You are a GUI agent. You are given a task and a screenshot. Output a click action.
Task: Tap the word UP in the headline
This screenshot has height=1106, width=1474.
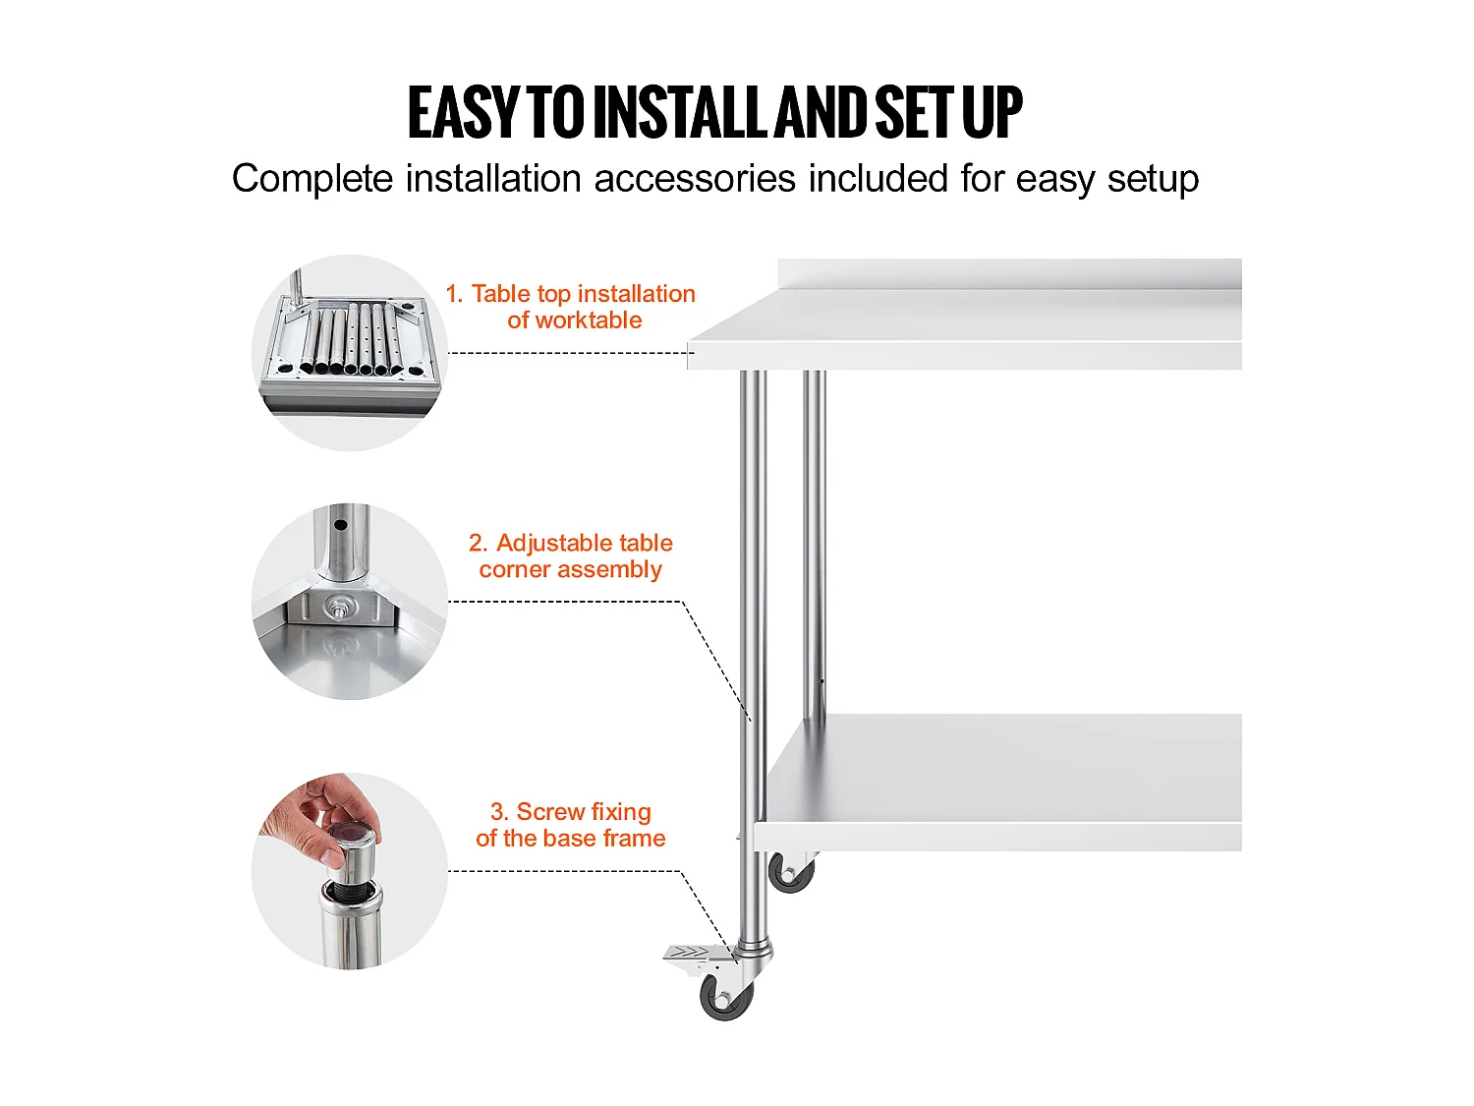click(992, 113)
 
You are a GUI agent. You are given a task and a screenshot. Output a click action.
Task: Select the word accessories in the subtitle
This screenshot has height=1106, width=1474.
click(695, 179)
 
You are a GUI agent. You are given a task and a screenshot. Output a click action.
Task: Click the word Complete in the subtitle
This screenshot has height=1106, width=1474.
click(312, 180)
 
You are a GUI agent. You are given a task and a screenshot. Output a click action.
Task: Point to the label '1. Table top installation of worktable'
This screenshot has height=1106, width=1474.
click(571, 307)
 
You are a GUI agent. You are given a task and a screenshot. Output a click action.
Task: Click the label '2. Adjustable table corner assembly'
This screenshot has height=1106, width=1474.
click(571, 556)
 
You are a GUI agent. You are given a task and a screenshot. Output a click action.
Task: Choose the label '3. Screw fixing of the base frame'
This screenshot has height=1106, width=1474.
click(571, 825)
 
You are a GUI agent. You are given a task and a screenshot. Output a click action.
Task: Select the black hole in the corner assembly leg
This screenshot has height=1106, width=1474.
click(341, 525)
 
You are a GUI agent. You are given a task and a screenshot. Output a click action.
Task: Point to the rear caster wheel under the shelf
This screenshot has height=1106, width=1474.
click(790, 873)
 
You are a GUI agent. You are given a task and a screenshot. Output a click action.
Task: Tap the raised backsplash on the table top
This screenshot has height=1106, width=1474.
click(1009, 274)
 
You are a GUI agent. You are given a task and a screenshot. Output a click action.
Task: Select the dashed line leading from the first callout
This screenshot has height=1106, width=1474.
click(572, 353)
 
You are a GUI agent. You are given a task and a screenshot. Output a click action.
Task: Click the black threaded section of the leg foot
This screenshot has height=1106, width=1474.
click(351, 889)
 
